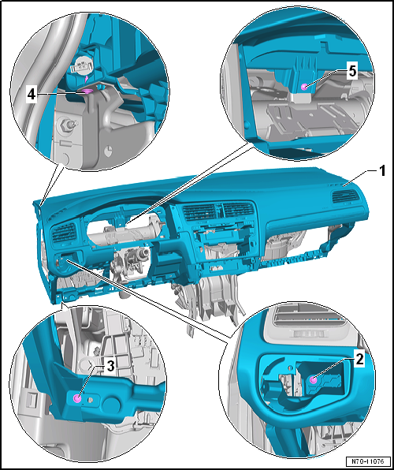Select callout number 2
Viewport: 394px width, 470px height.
pyautogui.click(x=359, y=360)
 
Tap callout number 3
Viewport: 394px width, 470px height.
pyautogui.click(x=110, y=366)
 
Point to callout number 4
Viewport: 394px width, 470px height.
pyautogui.click(x=32, y=95)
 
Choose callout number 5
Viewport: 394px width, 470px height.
pyautogui.click(x=352, y=72)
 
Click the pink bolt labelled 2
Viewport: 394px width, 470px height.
pyautogui.click(x=314, y=380)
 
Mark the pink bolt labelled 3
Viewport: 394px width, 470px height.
pyautogui.click(x=77, y=398)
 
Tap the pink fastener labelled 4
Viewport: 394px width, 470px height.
pyautogui.click(x=87, y=91)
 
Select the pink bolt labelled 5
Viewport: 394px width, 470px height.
pyautogui.click(x=304, y=87)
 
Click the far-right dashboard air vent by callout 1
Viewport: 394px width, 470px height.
pyautogui.click(x=345, y=196)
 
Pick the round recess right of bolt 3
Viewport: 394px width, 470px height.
pyautogui.click(x=111, y=403)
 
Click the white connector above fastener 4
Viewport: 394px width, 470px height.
pyautogui.click(x=81, y=65)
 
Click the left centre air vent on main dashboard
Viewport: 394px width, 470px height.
pyautogui.click(x=199, y=213)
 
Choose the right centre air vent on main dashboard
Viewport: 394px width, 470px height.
pyautogui.click(x=238, y=210)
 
